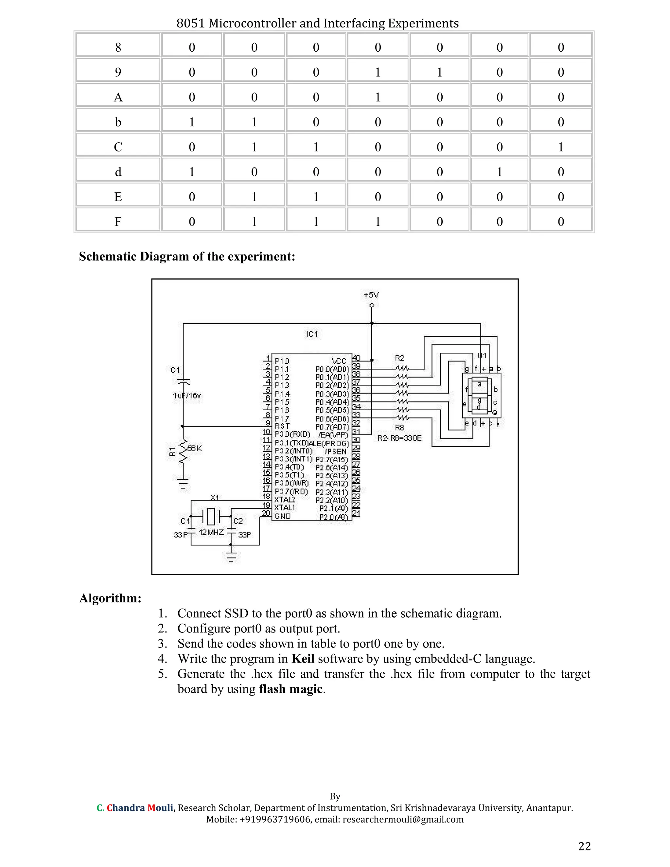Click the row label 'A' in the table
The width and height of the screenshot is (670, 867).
(118, 97)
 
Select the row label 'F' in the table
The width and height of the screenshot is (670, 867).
(118, 221)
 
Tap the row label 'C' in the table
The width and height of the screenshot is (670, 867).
(118, 147)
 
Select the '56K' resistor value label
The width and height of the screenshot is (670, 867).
(195, 449)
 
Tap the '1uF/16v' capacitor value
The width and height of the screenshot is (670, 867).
(187, 396)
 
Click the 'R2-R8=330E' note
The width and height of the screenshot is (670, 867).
(400, 438)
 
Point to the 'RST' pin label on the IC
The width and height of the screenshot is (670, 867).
(282, 426)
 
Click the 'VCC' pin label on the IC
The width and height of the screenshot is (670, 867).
(339, 361)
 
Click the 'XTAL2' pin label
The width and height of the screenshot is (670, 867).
(285, 499)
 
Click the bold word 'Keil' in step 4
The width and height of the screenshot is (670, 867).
(303, 659)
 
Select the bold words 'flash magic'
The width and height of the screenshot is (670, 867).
(291, 689)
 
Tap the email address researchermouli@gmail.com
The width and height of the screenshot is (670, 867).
(403, 819)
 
